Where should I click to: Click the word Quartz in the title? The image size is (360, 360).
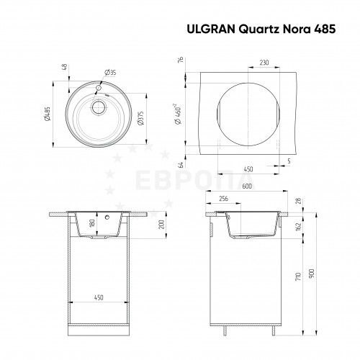(x=258, y=30)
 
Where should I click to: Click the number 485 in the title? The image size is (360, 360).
(x=325, y=30)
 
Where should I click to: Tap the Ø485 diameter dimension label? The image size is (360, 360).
(x=48, y=114)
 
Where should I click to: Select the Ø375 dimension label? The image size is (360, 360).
(x=140, y=118)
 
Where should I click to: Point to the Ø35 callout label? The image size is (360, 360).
(x=110, y=72)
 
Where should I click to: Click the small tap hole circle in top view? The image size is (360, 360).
(x=99, y=88)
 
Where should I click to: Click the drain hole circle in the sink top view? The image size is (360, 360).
(x=98, y=107)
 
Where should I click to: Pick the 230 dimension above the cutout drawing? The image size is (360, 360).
(x=264, y=63)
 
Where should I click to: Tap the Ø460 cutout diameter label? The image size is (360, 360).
(x=179, y=114)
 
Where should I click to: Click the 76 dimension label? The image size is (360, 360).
(x=181, y=60)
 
